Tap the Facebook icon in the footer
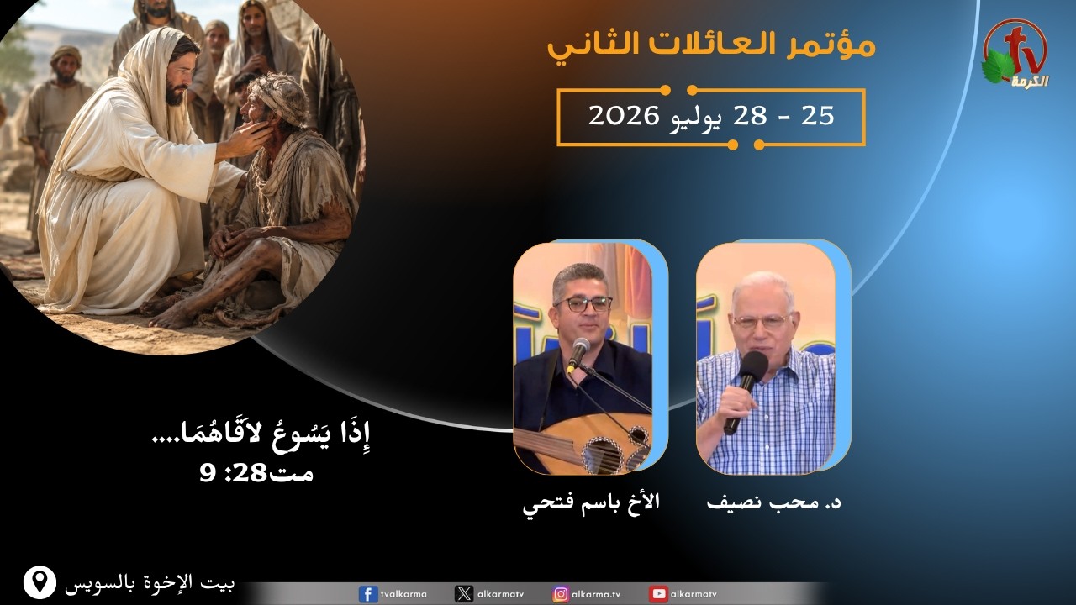pos(368,594)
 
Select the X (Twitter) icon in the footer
pos(463,594)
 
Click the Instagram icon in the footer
pos(561,594)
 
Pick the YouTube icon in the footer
pos(658,594)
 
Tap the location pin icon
pos(40,582)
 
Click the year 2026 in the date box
pos(624,116)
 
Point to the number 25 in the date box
pos(818,116)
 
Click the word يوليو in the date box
pos(694,118)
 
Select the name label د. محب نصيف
pos(774,502)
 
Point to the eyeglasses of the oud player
pos(583,304)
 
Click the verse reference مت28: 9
pos(256,474)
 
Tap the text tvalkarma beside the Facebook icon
pos(403,594)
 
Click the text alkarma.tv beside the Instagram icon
pos(596,594)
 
